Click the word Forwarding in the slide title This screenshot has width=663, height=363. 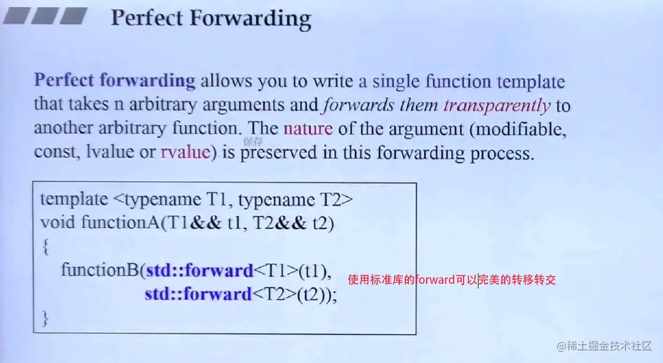pos(251,19)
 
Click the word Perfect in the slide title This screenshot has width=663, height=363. pos(147,18)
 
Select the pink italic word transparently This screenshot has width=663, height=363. pos(497,106)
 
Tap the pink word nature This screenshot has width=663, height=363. pos(308,128)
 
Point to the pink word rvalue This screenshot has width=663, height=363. pos(185,152)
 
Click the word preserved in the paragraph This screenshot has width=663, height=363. pos(278,153)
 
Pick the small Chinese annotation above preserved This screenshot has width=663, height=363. pos(253,142)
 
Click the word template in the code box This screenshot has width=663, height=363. pos(74,199)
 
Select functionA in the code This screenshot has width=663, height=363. pos(120,223)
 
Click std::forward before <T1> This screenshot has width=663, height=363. pos(199,270)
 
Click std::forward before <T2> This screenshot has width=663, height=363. pos(198,294)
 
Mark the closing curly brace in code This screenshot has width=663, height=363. pos(45,318)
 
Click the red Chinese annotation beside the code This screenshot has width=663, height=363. pos(452,280)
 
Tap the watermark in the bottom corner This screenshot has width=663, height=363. pos(604,346)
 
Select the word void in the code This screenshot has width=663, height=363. pos(58,223)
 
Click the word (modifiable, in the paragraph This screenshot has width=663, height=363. pos(518,129)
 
